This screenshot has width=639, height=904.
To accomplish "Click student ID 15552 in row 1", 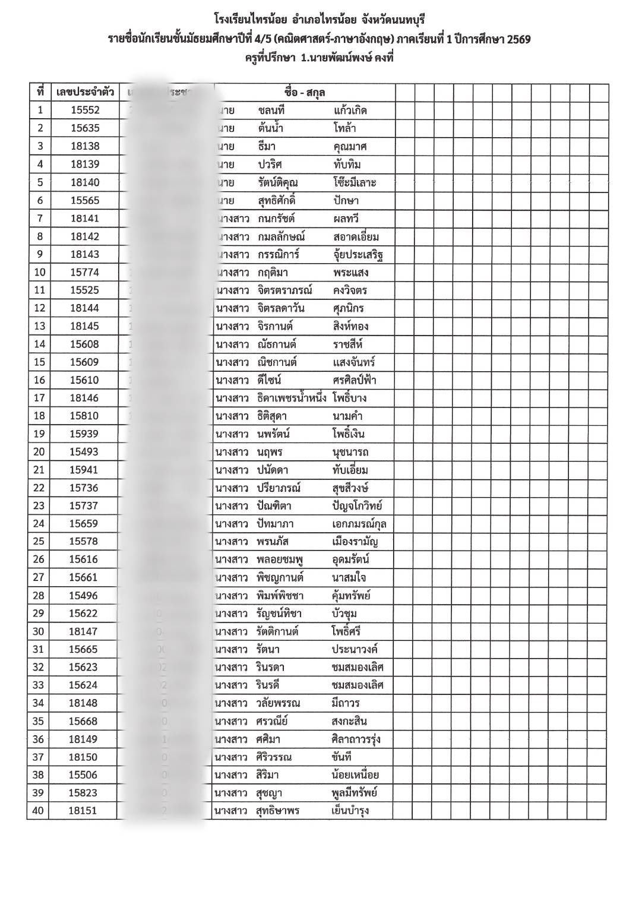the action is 85,110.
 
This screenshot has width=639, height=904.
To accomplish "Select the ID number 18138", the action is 85,146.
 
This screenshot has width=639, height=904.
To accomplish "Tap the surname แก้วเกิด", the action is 350,110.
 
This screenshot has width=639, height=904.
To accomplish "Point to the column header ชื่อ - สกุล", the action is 305,93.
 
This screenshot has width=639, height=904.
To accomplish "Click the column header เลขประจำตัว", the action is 85,93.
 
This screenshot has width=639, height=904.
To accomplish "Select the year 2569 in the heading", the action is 515,40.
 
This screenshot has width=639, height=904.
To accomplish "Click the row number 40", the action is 39,811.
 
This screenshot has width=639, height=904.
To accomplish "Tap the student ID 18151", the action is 83,811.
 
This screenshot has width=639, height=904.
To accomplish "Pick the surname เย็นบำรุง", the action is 350,811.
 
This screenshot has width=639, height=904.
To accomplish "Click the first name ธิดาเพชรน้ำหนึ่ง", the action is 292,398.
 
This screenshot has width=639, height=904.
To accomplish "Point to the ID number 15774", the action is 85,272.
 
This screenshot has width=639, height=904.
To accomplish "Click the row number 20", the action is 39,452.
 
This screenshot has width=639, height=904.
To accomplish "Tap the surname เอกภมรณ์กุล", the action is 359,524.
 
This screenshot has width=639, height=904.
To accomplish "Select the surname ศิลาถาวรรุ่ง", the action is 356,739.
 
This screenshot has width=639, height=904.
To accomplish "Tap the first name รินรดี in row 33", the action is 272,685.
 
